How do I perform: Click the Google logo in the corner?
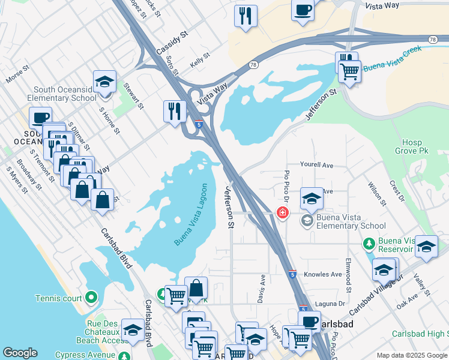(20, 353)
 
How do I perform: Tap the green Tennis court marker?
(91, 298)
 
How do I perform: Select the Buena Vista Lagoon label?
(194, 214)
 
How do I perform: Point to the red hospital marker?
(281, 212)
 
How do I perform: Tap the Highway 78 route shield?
(432, 39)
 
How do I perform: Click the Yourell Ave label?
(316, 165)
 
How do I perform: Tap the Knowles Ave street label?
(322, 274)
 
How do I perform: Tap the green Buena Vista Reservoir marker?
(369, 242)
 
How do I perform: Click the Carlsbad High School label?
(420, 334)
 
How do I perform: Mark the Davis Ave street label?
(262, 289)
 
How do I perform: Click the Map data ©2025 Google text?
(411, 355)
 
